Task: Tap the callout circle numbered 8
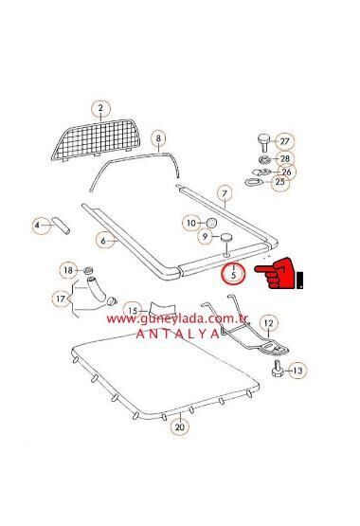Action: coord(158,137)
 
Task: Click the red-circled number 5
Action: coord(230,275)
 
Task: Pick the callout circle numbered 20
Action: coord(180,426)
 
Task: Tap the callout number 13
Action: coord(297,371)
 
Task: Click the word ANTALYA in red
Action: coord(177,334)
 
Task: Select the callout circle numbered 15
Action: coord(132,310)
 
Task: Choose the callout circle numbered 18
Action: coord(67,270)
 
